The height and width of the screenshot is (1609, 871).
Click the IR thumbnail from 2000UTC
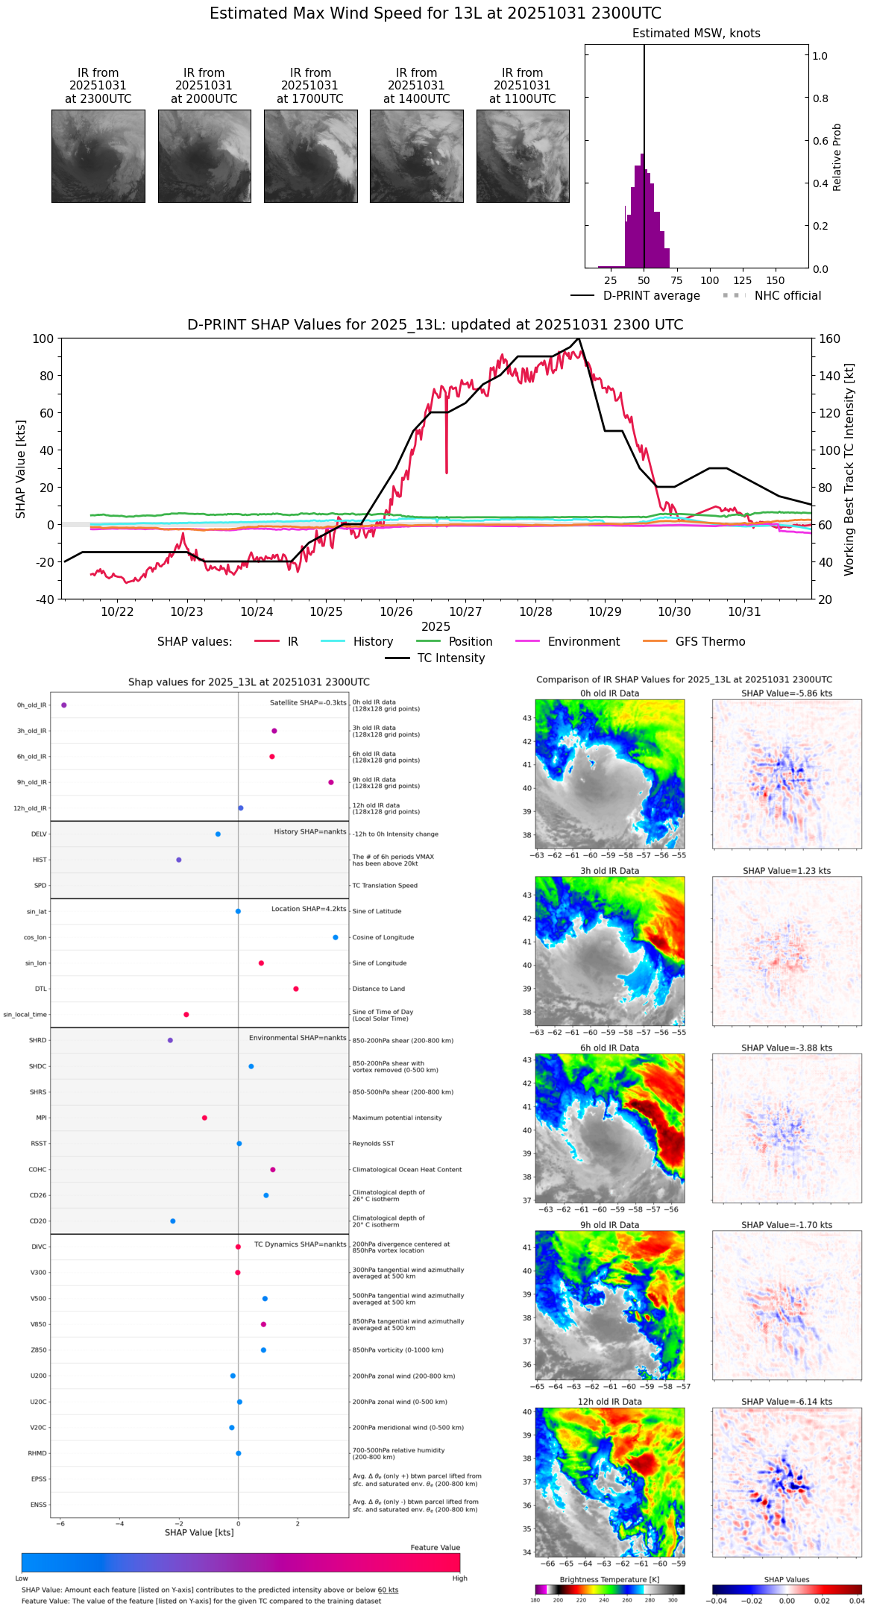[204, 156]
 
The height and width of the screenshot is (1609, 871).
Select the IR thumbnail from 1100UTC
[523, 156]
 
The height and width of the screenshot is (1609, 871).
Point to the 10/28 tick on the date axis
[535, 612]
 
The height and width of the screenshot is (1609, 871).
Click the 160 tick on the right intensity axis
[829, 339]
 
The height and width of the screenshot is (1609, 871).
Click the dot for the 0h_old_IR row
[64, 705]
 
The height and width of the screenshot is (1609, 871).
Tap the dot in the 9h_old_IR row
[331, 782]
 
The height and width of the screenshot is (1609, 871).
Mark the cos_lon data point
[336, 937]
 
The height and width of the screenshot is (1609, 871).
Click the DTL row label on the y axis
[41, 989]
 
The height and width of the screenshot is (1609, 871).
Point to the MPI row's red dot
[204, 1118]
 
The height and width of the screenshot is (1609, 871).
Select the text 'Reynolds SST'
[374, 1144]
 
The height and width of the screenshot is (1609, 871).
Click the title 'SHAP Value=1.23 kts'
[787, 871]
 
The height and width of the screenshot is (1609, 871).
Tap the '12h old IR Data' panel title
[609, 1402]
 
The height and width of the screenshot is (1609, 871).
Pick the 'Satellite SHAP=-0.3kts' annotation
[308, 702]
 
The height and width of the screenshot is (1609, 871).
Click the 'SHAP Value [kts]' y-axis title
[21, 469]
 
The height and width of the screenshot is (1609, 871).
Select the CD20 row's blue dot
[173, 1221]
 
